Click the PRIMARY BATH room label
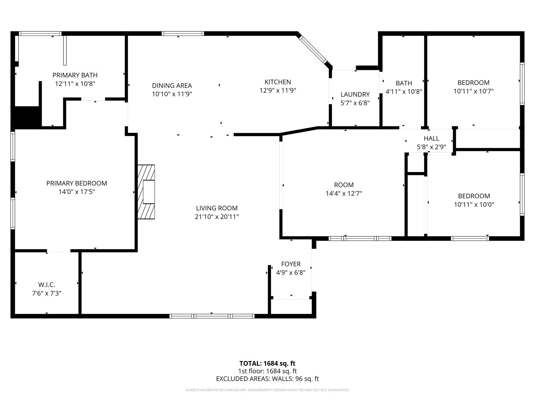[75, 75]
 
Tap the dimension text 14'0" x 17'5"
[77, 192]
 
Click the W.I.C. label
[47, 285]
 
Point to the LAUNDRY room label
[355, 94]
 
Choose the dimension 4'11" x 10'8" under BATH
[404, 92]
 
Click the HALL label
[431, 138]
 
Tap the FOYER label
[291, 264]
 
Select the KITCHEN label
[278, 82]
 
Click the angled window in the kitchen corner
[313, 50]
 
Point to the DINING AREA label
[172, 85]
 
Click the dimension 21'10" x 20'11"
[217, 217]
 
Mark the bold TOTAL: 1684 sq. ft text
[267, 363]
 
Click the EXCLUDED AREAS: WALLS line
[267, 379]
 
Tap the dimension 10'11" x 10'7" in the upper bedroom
[473, 91]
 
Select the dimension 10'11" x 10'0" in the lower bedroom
[474, 204]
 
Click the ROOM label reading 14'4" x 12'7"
[344, 185]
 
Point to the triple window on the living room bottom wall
[212, 316]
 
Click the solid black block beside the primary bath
[26, 117]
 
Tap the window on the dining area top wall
[183, 33]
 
